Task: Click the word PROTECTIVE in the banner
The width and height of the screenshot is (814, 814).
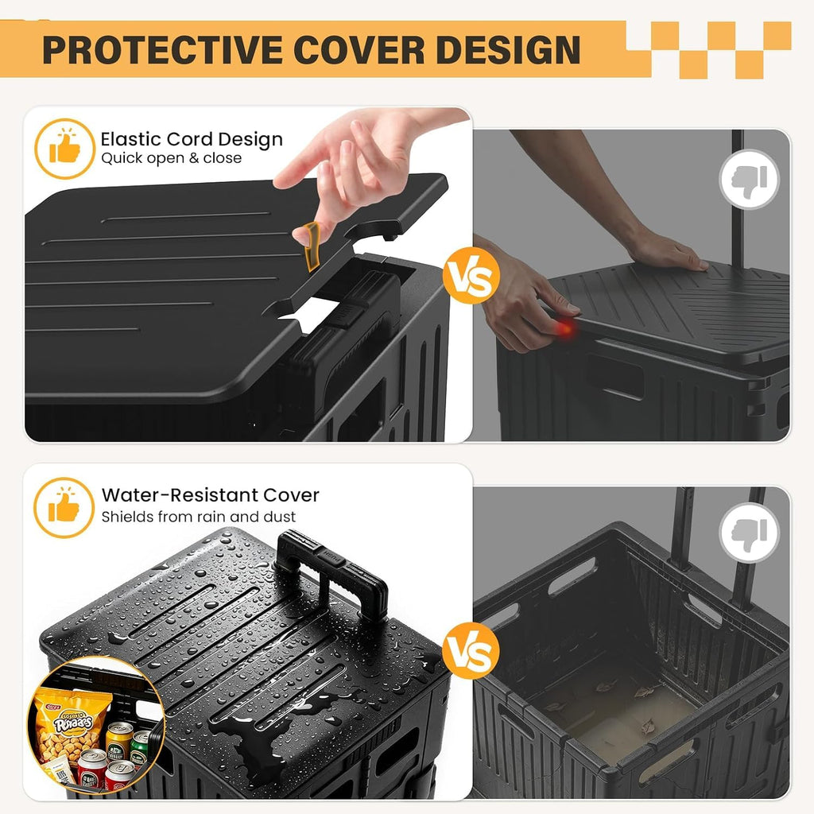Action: tap(162, 50)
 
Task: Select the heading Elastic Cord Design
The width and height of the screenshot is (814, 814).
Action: tap(192, 139)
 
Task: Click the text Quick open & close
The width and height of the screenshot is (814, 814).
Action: tap(172, 158)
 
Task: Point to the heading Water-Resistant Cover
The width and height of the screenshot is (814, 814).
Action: tap(210, 494)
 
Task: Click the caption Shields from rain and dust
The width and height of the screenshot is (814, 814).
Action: tap(198, 517)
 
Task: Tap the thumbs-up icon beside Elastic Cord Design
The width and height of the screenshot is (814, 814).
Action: tap(65, 149)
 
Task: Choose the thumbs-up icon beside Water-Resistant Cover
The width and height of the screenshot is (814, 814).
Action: tap(64, 507)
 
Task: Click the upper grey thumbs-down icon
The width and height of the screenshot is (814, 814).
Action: tap(749, 179)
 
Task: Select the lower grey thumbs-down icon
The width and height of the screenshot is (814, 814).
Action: tap(749, 533)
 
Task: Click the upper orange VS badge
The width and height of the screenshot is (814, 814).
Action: tap(471, 276)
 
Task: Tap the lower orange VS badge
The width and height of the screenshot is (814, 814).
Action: tap(471, 650)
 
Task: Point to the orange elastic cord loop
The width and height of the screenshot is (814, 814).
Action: tap(312, 246)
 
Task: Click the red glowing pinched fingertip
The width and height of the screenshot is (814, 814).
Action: tap(566, 328)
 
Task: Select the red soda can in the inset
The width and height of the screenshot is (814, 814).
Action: tap(92, 769)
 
